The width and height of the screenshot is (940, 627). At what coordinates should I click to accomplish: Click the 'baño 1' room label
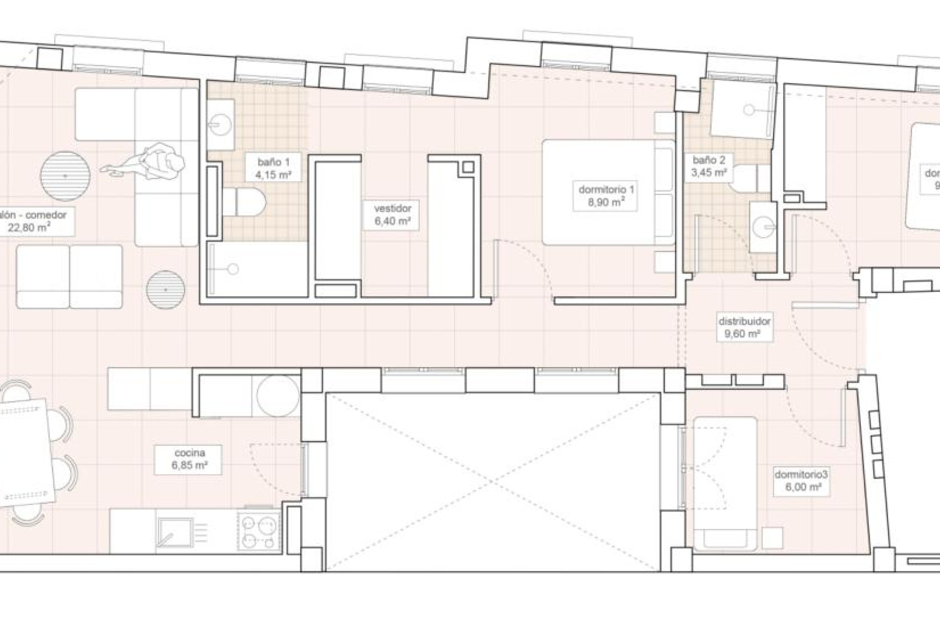coord(273,168)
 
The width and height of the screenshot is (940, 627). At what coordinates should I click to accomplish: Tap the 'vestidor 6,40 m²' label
coord(392,215)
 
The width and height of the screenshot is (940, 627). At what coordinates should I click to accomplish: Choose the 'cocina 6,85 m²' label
coord(189,459)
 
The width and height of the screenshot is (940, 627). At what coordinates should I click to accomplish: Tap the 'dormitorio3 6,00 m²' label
coord(800,481)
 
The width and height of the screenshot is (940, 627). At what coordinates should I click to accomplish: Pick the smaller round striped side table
coord(166,289)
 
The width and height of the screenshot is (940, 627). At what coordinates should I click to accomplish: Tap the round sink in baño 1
coord(221,124)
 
